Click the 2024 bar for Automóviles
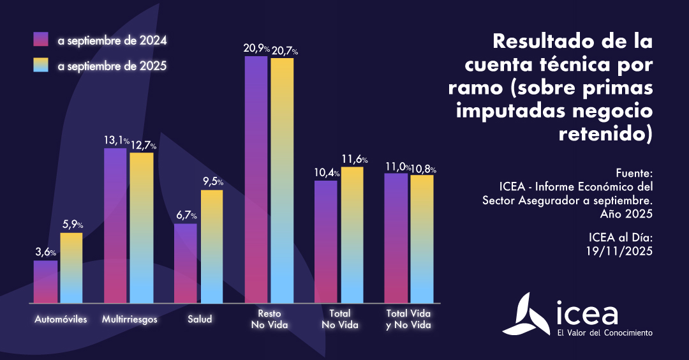point(45,281)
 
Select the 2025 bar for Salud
point(211,246)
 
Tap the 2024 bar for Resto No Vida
point(256,179)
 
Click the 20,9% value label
point(256,49)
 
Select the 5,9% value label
point(72,225)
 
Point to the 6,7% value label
point(186,215)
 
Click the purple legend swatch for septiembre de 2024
point(41,40)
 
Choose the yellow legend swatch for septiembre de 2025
point(41,65)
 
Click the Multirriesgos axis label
point(130,319)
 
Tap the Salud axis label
point(200,319)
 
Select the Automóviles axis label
point(61,319)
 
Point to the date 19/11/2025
point(619,251)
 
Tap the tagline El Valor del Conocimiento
point(604,333)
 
